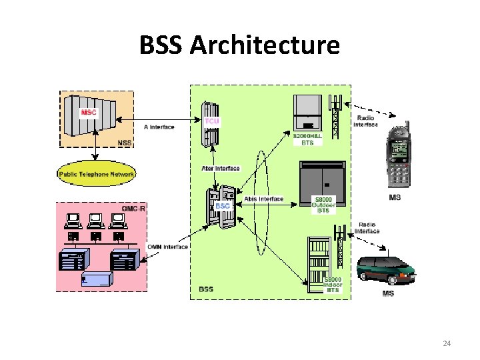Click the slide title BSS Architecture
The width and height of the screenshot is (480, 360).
click(x=239, y=45)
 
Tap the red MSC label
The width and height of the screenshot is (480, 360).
click(x=89, y=112)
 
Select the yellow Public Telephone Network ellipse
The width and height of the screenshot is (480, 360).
click(x=97, y=174)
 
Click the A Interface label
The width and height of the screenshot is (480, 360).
click(x=159, y=127)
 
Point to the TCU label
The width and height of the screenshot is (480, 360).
click(x=211, y=121)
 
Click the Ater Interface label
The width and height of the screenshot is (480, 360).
click(x=220, y=168)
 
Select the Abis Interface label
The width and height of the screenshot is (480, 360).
click(x=264, y=199)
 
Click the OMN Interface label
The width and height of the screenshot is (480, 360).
click(x=167, y=247)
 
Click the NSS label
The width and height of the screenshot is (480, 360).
click(x=124, y=142)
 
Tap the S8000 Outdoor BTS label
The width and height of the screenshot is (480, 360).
click(x=324, y=205)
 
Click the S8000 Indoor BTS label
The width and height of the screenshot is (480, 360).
click(x=333, y=284)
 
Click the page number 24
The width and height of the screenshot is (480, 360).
click(x=447, y=343)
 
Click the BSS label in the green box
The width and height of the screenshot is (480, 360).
click(x=206, y=289)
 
